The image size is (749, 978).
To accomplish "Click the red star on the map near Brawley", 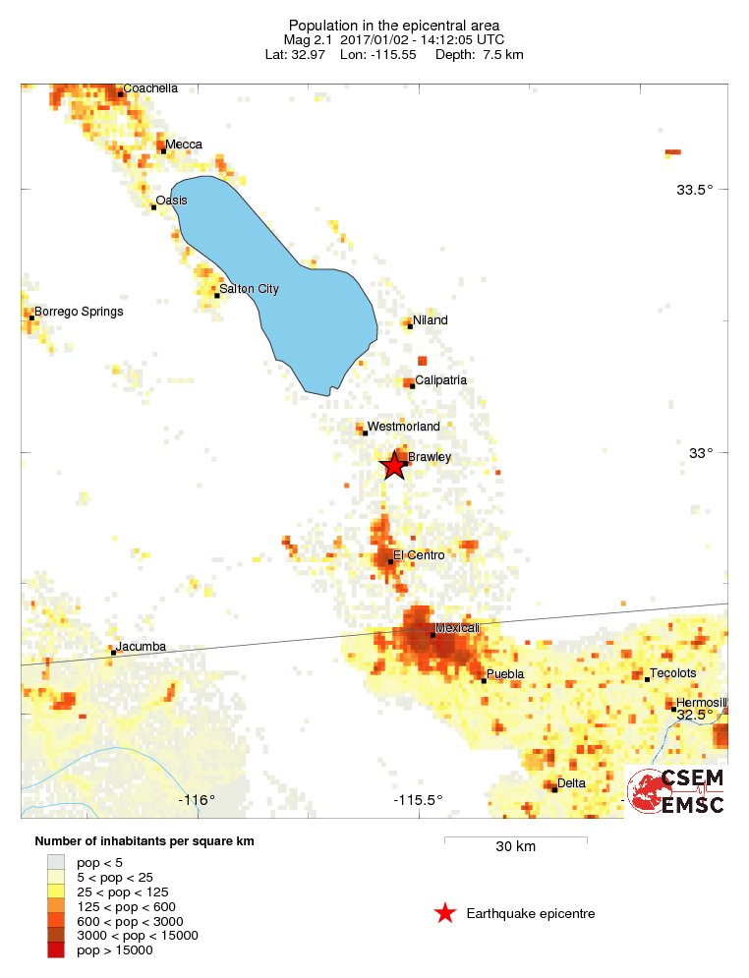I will (x=393, y=465).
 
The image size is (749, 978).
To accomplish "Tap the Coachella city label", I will (x=150, y=88).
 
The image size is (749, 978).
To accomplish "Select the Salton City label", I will (x=249, y=289).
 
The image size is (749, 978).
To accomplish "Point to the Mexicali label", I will (x=457, y=628).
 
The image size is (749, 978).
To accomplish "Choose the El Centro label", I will (x=419, y=555).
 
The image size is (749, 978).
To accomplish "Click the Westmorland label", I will (x=403, y=427).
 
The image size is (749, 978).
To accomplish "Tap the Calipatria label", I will (x=440, y=380).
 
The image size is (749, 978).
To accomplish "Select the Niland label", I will (x=431, y=320).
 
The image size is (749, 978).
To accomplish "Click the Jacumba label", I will (x=141, y=647).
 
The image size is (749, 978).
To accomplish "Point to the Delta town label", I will (x=571, y=783).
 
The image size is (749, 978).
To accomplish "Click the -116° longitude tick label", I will (x=197, y=800).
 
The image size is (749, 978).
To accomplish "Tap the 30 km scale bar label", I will (x=515, y=847).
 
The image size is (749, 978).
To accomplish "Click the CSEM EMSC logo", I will (x=676, y=791).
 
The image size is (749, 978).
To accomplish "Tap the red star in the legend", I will (x=444, y=914).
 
